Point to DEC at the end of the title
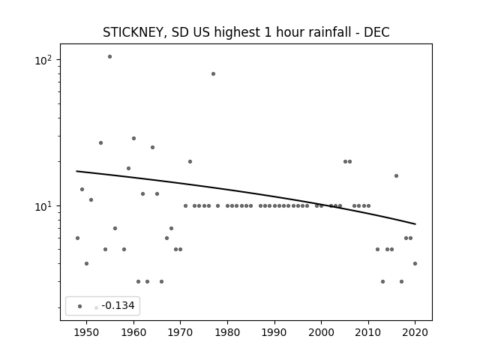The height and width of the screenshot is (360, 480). (376, 32)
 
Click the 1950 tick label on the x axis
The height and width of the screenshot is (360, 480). (87, 332)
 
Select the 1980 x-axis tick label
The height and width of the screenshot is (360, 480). (227, 332)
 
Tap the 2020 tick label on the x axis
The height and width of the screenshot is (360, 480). (415, 332)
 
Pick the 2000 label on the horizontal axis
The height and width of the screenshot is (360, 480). (321, 332)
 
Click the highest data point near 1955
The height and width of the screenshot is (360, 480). (109, 57)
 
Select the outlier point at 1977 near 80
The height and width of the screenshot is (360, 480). (213, 73)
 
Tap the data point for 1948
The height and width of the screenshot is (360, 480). (77, 238)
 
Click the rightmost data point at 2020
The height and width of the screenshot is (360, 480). (415, 263)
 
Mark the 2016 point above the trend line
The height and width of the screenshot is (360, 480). (397, 175)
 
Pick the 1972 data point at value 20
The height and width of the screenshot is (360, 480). (190, 162)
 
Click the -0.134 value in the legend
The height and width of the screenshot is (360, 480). (118, 305)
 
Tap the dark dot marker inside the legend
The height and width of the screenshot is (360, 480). (80, 306)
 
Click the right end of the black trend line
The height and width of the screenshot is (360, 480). (415, 224)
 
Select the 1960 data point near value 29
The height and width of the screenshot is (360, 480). (133, 138)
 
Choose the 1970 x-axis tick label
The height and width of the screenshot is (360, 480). (180, 332)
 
